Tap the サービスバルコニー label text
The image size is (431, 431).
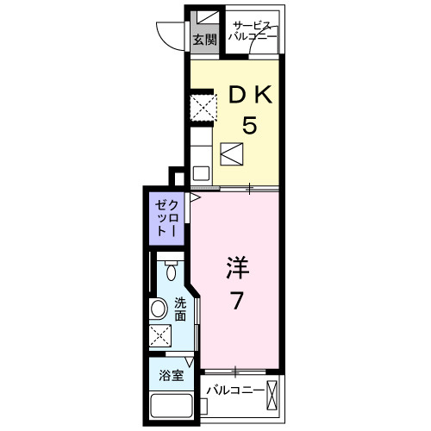tap(253, 33)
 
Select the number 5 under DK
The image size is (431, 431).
tap(249, 127)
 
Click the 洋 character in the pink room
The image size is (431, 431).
tap(238, 269)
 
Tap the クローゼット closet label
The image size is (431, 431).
tap(166, 219)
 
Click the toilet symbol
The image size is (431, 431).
tap(172, 271)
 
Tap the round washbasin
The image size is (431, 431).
tap(159, 309)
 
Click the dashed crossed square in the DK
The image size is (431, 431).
tap(203, 109)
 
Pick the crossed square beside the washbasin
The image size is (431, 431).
tap(159, 336)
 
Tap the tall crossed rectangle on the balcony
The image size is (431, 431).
tap(274, 396)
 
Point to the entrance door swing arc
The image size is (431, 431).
tap(171, 33)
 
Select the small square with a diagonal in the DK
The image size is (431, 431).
tap(233, 153)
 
